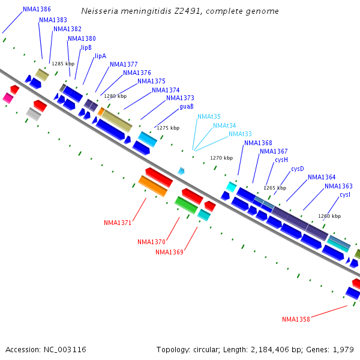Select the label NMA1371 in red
[x=118, y=223]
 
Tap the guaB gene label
[x=187, y=107]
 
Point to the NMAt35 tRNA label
[x=209, y=116]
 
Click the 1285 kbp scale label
[x=63, y=64]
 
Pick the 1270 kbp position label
[x=221, y=158]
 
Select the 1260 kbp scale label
[x=329, y=216]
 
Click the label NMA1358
[x=296, y=319]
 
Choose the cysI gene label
[x=345, y=195]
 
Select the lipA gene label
[x=100, y=56]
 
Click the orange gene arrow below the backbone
[x=153, y=186]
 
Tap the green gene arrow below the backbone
[x=186, y=205]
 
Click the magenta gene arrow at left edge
[x=8, y=98]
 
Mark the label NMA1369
[x=169, y=252]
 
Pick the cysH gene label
[x=281, y=160]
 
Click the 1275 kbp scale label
[x=168, y=128]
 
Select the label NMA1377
[x=124, y=65]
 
